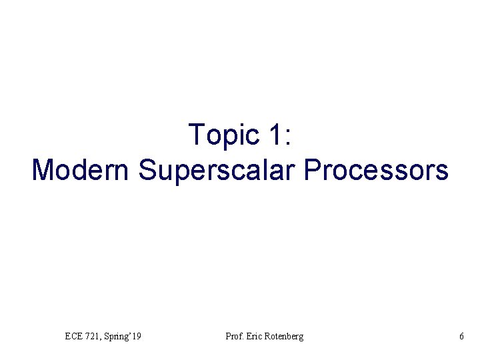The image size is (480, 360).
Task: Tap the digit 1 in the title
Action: pyautogui.click(x=275, y=135)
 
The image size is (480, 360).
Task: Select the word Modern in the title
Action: pyautogui.click(x=81, y=170)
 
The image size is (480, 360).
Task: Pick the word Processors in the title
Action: pyautogui.click(x=376, y=170)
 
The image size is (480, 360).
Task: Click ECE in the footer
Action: pyautogui.click(x=73, y=337)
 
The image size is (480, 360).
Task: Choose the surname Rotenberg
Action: pyautogui.click(x=283, y=337)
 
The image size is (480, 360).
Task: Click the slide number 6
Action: pyautogui.click(x=461, y=337)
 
